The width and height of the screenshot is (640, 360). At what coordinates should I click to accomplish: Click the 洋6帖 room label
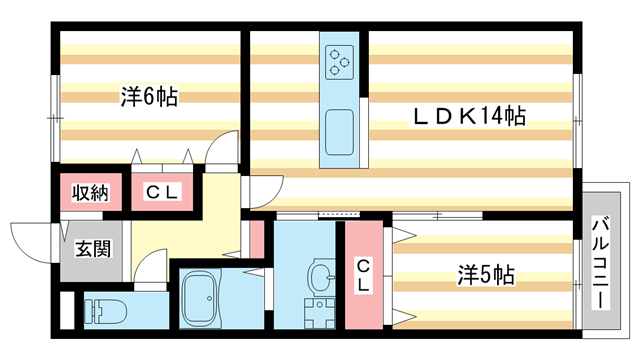click(150, 98)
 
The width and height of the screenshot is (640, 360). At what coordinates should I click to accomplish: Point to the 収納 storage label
click(90, 193)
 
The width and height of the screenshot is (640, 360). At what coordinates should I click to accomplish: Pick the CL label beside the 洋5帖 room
click(364, 273)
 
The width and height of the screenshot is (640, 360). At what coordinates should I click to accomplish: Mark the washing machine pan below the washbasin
click(321, 312)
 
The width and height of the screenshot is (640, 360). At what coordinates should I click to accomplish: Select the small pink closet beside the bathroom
click(257, 238)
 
